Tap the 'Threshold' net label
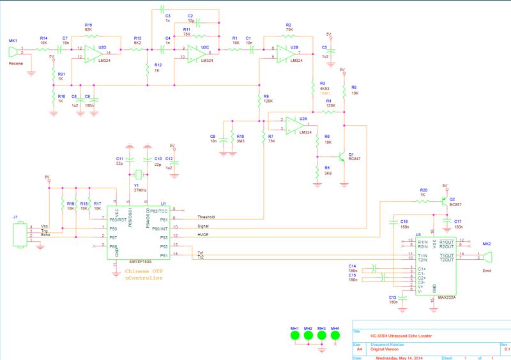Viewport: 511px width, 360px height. point(207,216)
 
